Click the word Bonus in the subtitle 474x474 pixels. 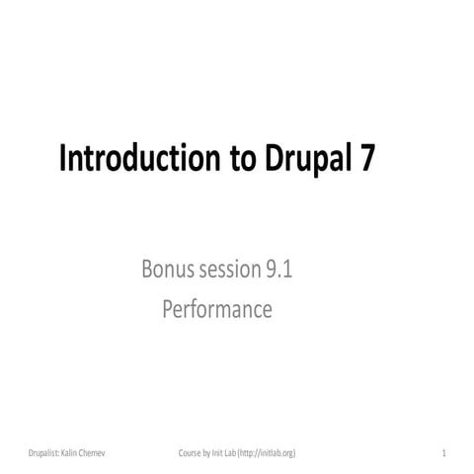[170, 271]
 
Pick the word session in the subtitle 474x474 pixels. [234, 271]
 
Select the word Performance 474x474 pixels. [216, 309]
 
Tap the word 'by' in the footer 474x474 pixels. [210, 452]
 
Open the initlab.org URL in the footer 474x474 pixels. [272, 452]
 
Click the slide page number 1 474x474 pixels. [444, 452]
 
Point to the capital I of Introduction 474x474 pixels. [64, 159]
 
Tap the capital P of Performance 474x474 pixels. [167, 309]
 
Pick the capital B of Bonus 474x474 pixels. [148, 271]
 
